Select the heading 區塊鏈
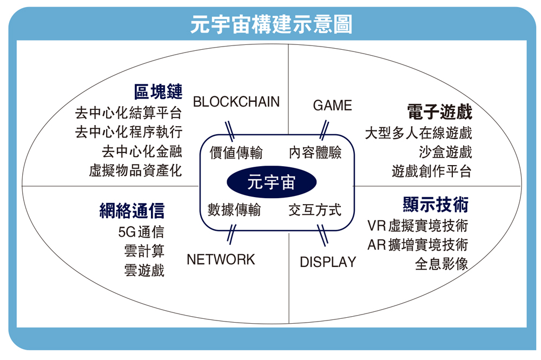[158, 91]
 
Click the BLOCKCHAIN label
[236, 102]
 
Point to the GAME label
[332, 106]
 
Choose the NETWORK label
[221, 260]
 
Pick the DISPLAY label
[328, 263]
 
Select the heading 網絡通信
[132, 210]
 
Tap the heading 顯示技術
[436, 205]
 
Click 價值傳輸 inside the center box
[236, 153]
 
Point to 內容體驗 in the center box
[315, 153]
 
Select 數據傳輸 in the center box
[234, 210]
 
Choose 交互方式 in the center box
[315, 210]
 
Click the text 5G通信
[141, 232]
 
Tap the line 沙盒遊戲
[445, 152]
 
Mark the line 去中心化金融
[142, 151]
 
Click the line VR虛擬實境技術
[418, 225]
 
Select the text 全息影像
[441, 264]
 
